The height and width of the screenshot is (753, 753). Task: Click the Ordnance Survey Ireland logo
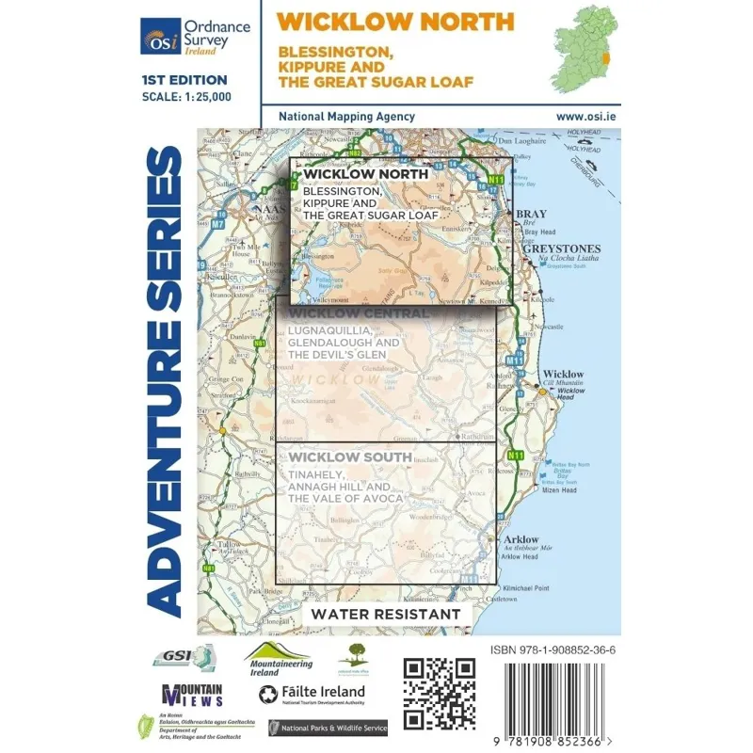tap(195, 36)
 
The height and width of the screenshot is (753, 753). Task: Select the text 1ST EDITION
tap(184, 80)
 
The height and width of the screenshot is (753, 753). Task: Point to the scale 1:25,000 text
tap(185, 96)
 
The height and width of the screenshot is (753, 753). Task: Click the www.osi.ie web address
tap(585, 116)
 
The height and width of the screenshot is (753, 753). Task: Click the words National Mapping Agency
tap(346, 116)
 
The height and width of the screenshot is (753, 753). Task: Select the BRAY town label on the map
tap(532, 215)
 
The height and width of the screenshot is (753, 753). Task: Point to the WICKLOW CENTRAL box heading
tap(360, 313)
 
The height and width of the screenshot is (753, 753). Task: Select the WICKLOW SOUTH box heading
tap(350, 457)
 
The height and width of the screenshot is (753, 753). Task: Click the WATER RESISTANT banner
tap(387, 615)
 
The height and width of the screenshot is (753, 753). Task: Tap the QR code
tap(439, 692)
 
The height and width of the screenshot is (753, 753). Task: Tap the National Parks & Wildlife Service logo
tap(328, 728)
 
